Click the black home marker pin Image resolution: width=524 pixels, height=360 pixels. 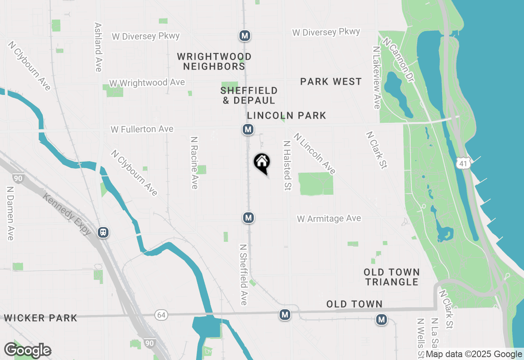tap(262, 163)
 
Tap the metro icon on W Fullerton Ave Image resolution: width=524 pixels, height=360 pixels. tap(248, 130)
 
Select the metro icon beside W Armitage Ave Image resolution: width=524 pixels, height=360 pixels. tap(248, 218)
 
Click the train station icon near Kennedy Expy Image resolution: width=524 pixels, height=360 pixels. tap(104, 232)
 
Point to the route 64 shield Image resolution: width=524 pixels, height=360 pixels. tap(161, 315)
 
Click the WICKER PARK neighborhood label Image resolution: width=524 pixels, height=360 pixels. tap(41, 318)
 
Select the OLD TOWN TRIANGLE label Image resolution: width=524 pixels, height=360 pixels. tap(392, 277)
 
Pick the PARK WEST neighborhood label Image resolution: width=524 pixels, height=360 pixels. tap(331, 82)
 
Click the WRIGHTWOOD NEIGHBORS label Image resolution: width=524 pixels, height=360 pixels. tap(214, 61)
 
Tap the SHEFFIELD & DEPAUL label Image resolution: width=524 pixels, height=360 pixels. tap(249, 95)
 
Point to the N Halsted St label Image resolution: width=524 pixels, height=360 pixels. tap(287, 166)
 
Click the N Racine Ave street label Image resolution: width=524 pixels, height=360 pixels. tap(194, 162)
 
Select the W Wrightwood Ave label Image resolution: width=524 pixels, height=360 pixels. tap(147, 83)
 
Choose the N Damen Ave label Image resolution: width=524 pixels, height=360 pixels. tap(10, 214)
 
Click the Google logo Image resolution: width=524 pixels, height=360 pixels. tap(27, 351)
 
